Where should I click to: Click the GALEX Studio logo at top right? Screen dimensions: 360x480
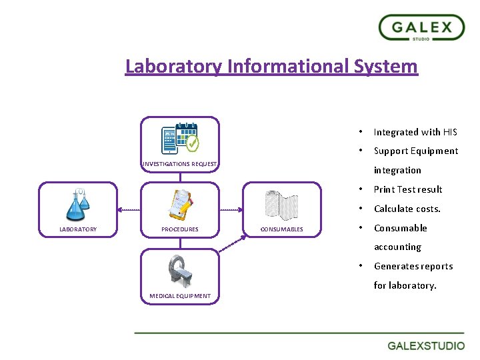[421, 29]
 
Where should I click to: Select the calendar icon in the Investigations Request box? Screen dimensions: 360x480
[180, 137]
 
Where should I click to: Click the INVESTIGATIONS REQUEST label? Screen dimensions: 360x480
[180, 164]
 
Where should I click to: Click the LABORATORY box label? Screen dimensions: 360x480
[78, 229]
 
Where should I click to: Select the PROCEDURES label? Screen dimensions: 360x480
[180, 229]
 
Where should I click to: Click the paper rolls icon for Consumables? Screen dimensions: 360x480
[281, 205]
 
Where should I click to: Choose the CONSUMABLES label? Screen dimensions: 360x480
[281, 229]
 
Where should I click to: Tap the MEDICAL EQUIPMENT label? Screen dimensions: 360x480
[180, 296]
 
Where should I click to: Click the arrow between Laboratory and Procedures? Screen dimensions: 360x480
[129, 210]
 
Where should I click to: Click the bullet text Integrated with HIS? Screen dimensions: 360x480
[415, 132]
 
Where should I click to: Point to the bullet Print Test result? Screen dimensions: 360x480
[407, 189]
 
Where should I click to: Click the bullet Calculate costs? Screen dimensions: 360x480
[407, 209]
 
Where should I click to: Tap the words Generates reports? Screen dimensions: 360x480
[413, 266]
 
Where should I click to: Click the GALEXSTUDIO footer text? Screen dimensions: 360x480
[426, 346]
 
